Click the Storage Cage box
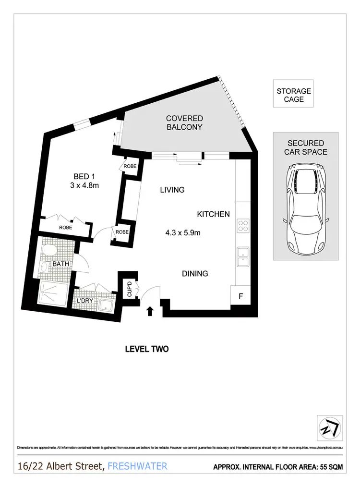(x=294, y=95)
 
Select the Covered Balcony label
(x=184, y=123)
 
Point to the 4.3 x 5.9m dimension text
(x=183, y=233)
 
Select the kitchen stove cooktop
(x=243, y=226)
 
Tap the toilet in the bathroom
(x=48, y=251)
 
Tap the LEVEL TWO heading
(x=146, y=349)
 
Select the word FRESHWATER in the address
(x=138, y=466)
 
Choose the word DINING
(x=194, y=274)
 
